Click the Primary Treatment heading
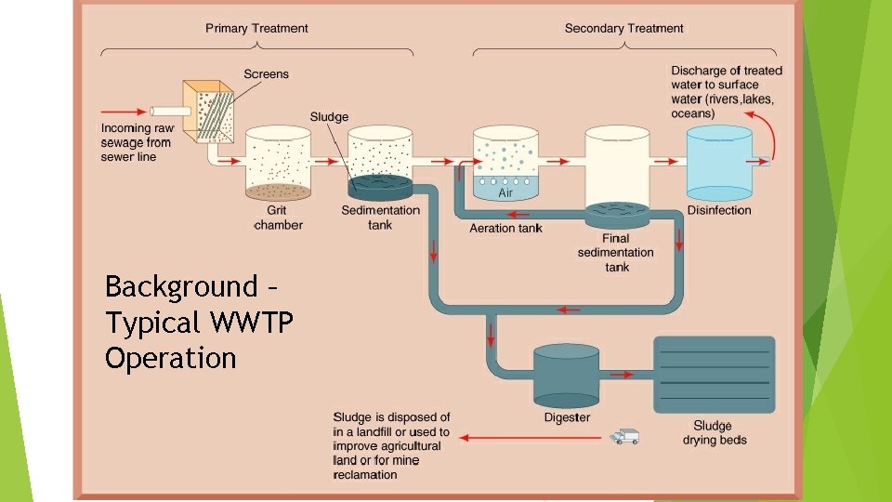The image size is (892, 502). click(x=256, y=28)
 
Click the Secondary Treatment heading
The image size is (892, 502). click(x=623, y=28)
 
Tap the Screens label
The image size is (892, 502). click(x=266, y=73)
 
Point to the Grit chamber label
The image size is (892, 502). click(x=278, y=218)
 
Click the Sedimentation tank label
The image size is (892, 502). click(x=380, y=218)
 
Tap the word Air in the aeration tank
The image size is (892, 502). click(x=505, y=193)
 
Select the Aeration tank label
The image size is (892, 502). click(x=505, y=228)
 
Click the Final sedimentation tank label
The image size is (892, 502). click(x=615, y=253)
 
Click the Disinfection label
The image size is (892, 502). click(x=719, y=210)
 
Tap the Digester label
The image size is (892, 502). click(x=567, y=417)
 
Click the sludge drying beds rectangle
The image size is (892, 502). click(x=714, y=375)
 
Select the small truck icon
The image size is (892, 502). click(x=624, y=436)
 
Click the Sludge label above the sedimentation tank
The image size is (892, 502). click(x=329, y=116)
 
